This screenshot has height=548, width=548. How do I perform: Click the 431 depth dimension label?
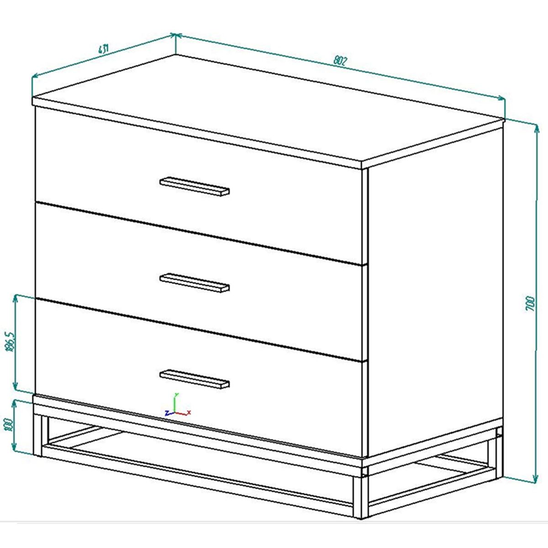tap(103, 49)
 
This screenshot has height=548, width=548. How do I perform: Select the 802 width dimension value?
tap(341, 60)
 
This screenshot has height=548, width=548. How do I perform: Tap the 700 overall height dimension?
tap(530, 304)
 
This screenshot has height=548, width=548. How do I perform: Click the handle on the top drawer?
tap(195, 186)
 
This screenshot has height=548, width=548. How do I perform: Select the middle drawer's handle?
tap(195, 282)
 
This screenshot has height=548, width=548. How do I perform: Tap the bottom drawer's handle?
tap(195, 379)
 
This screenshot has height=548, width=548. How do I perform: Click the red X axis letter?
tap(189, 412)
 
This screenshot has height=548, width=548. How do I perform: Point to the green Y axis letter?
tap(176, 395)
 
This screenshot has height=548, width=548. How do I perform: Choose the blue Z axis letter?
tap(167, 413)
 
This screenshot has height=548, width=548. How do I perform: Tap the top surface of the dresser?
tap(269, 110)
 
